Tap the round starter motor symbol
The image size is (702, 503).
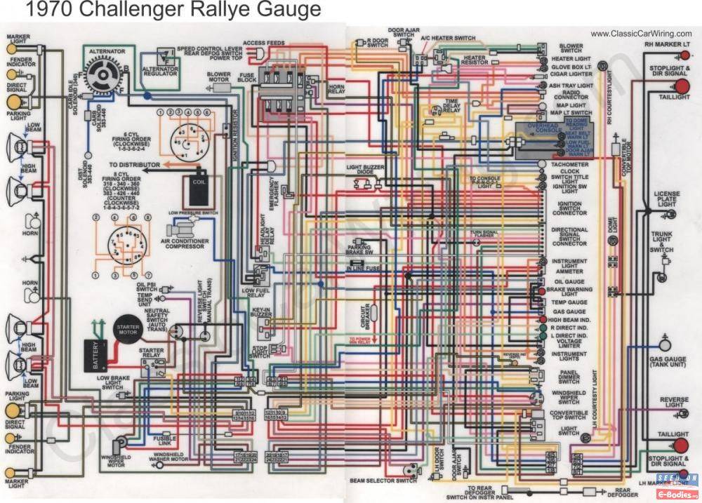tap(126, 330)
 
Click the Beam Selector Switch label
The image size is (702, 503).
tap(382, 481)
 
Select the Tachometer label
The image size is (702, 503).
tap(569, 165)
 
